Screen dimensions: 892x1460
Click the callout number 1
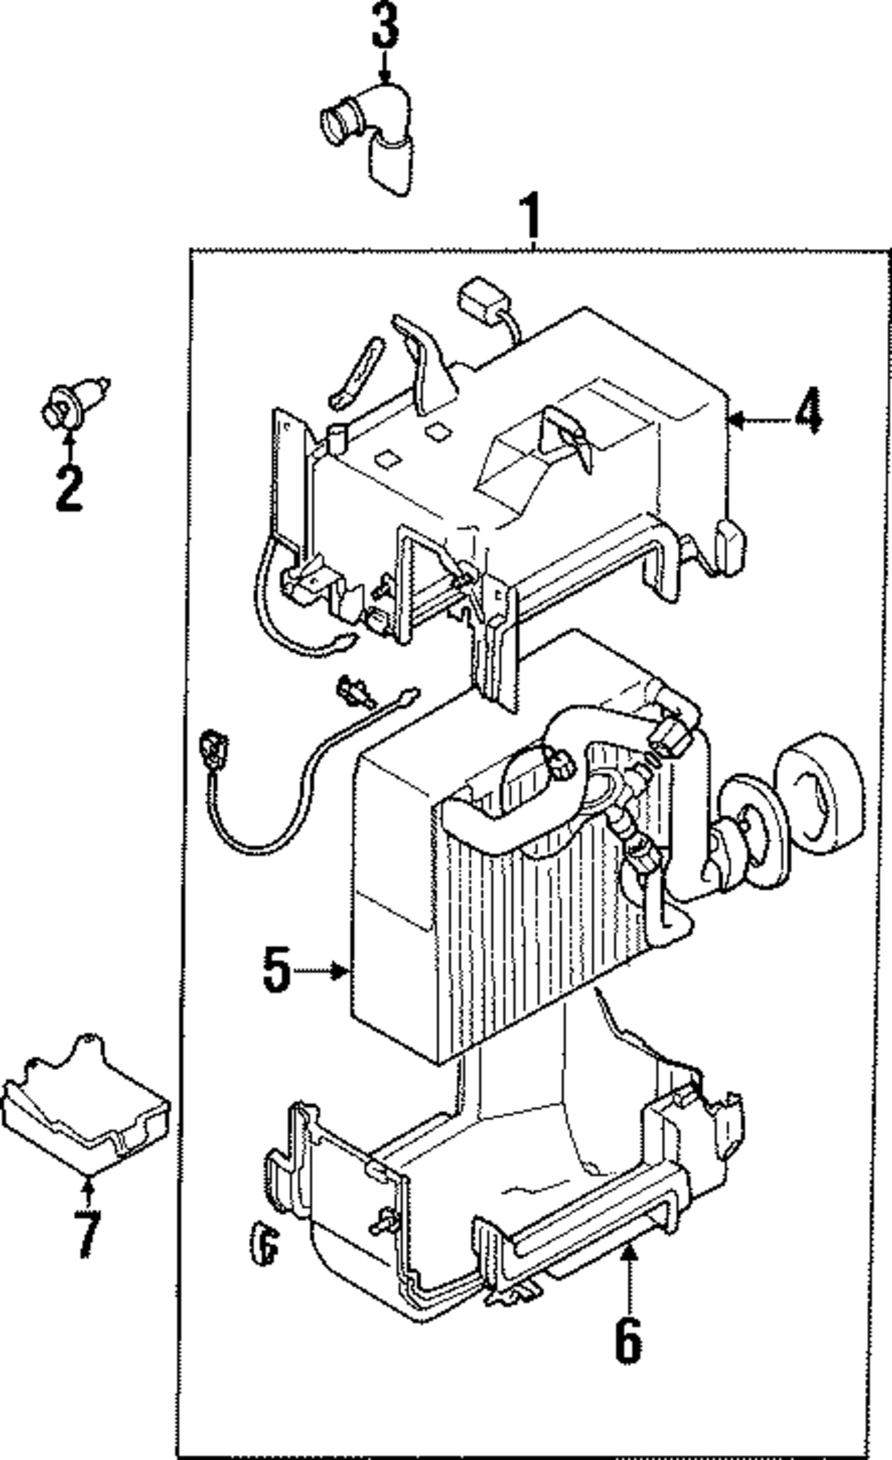(x=533, y=216)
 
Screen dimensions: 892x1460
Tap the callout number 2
(x=69, y=488)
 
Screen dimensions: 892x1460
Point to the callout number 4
(x=806, y=410)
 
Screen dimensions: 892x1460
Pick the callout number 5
(x=277, y=970)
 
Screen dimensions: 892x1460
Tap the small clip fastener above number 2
(x=74, y=403)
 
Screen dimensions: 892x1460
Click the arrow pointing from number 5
(x=320, y=971)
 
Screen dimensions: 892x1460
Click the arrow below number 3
(x=384, y=67)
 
